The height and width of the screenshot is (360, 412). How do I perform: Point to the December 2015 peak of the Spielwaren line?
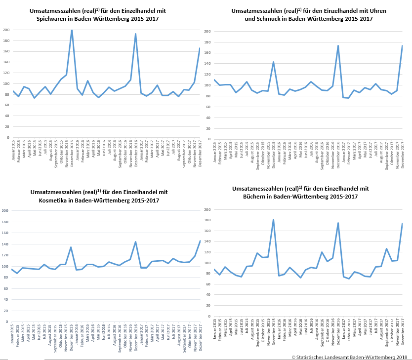tap(72, 30)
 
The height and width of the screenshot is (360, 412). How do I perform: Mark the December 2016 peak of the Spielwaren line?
tap(135, 34)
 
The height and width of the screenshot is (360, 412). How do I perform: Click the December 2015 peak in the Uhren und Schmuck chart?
tap(273, 62)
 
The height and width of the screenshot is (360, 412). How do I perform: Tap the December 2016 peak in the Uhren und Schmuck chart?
tap(338, 46)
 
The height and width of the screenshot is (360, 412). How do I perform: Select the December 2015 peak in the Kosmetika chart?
tap(71, 247)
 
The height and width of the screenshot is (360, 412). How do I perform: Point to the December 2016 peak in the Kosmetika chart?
tap(136, 242)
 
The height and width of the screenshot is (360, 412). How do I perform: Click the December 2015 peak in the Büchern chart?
tap(273, 220)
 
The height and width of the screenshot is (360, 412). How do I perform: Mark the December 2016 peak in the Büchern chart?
tap(338, 223)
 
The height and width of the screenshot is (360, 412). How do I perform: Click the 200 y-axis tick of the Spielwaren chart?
tap(6, 30)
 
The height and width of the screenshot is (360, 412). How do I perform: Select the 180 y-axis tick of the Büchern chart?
tap(207, 220)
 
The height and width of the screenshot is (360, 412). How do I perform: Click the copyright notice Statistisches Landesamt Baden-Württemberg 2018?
tap(349, 356)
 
